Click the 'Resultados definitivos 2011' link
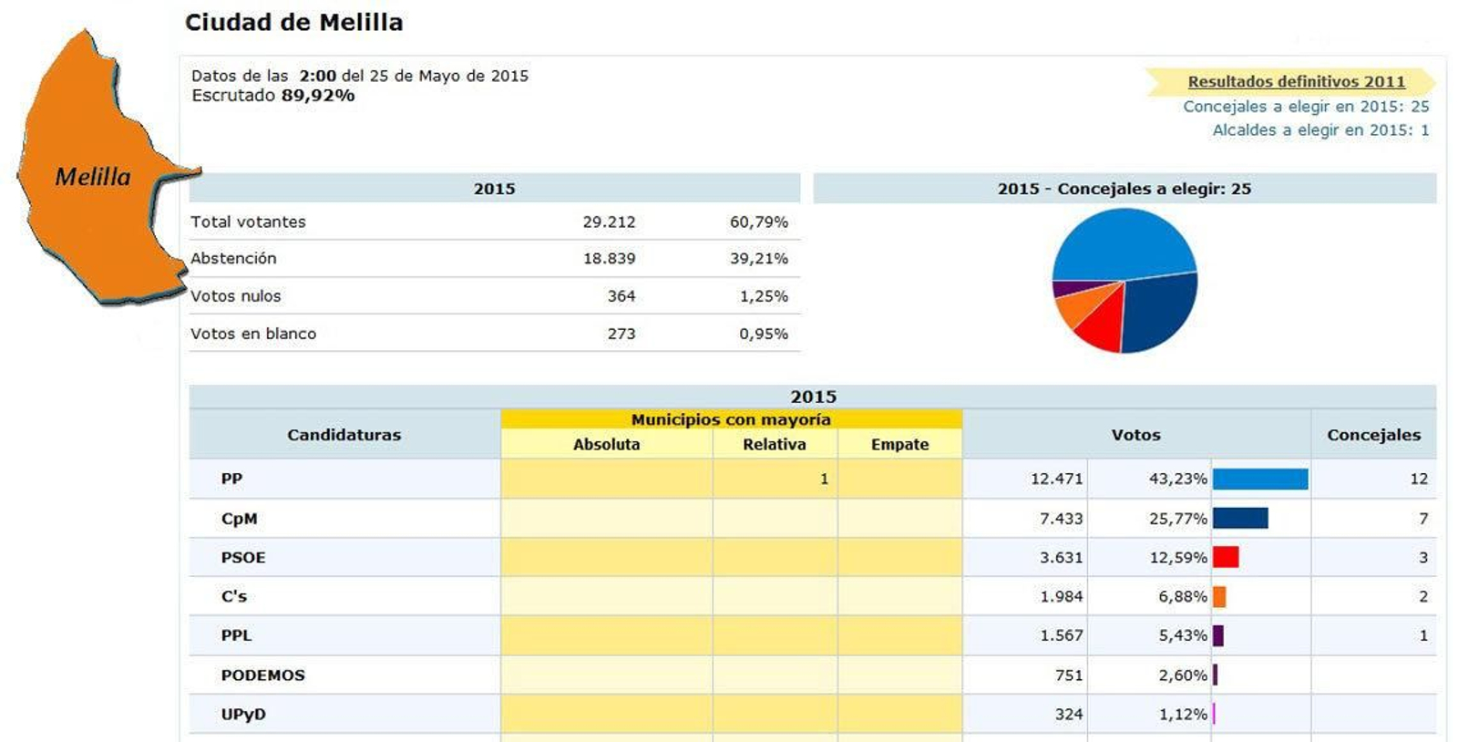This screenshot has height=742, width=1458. pyautogui.click(x=1296, y=82)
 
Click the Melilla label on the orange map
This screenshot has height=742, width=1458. pyautogui.click(x=93, y=177)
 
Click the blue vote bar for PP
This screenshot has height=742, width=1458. pyautogui.click(x=1260, y=479)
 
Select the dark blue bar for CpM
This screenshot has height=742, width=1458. pyautogui.click(x=1240, y=519)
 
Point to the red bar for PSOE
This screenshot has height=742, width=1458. pyautogui.click(x=1226, y=557)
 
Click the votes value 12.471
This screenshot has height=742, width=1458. pyautogui.click(x=1056, y=479)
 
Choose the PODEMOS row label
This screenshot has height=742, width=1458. pyautogui.click(x=262, y=675)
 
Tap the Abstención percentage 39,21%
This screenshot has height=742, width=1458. pyautogui.click(x=758, y=259)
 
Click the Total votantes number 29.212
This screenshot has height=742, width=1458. pyautogui.click(x=609, y=222)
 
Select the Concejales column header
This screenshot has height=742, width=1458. pyautogui.click(x=1373, y=435)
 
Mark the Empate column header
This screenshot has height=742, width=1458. pyautogui.click(x=899, y=445)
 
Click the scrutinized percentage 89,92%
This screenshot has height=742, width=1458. pyautogui.click(x=318, y=96)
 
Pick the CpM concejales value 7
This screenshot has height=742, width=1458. pyautogui.click(x=1422, y=519)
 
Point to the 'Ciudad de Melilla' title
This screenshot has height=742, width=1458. pyautogui.click(x=293, y=23)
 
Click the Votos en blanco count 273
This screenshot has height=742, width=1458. pyautogui.click(x=621, y=334)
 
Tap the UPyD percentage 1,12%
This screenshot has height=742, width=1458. pyautogui.click(x=1182, y=715)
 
